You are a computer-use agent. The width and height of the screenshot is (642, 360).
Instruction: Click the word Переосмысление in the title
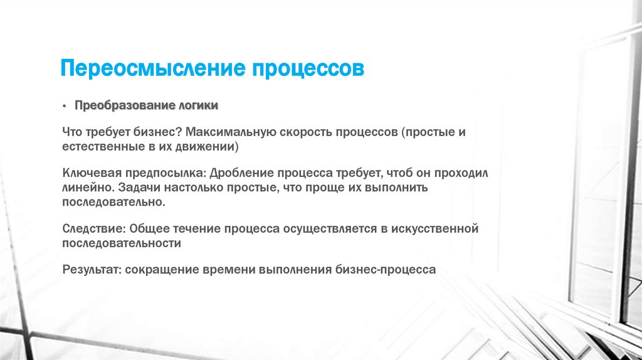[x=152, y=68]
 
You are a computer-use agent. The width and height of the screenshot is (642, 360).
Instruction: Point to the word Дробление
[x=238, y=172]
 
